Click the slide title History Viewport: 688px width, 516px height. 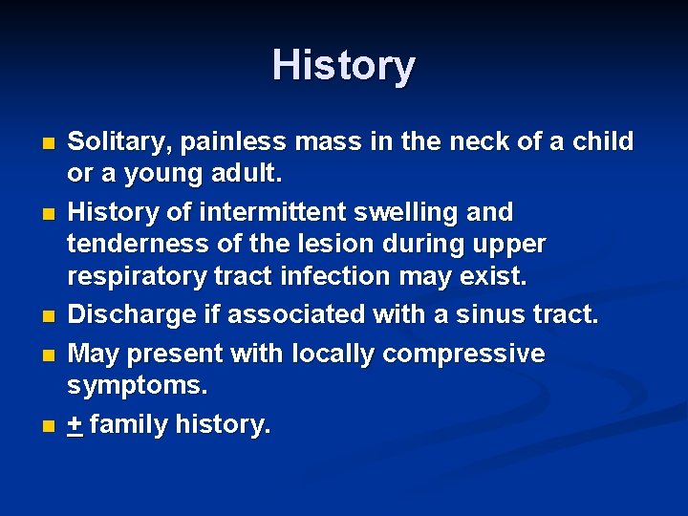(343, 66)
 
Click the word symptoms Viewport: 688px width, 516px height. (138, 387)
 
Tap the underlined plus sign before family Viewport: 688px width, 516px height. (75, 424)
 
